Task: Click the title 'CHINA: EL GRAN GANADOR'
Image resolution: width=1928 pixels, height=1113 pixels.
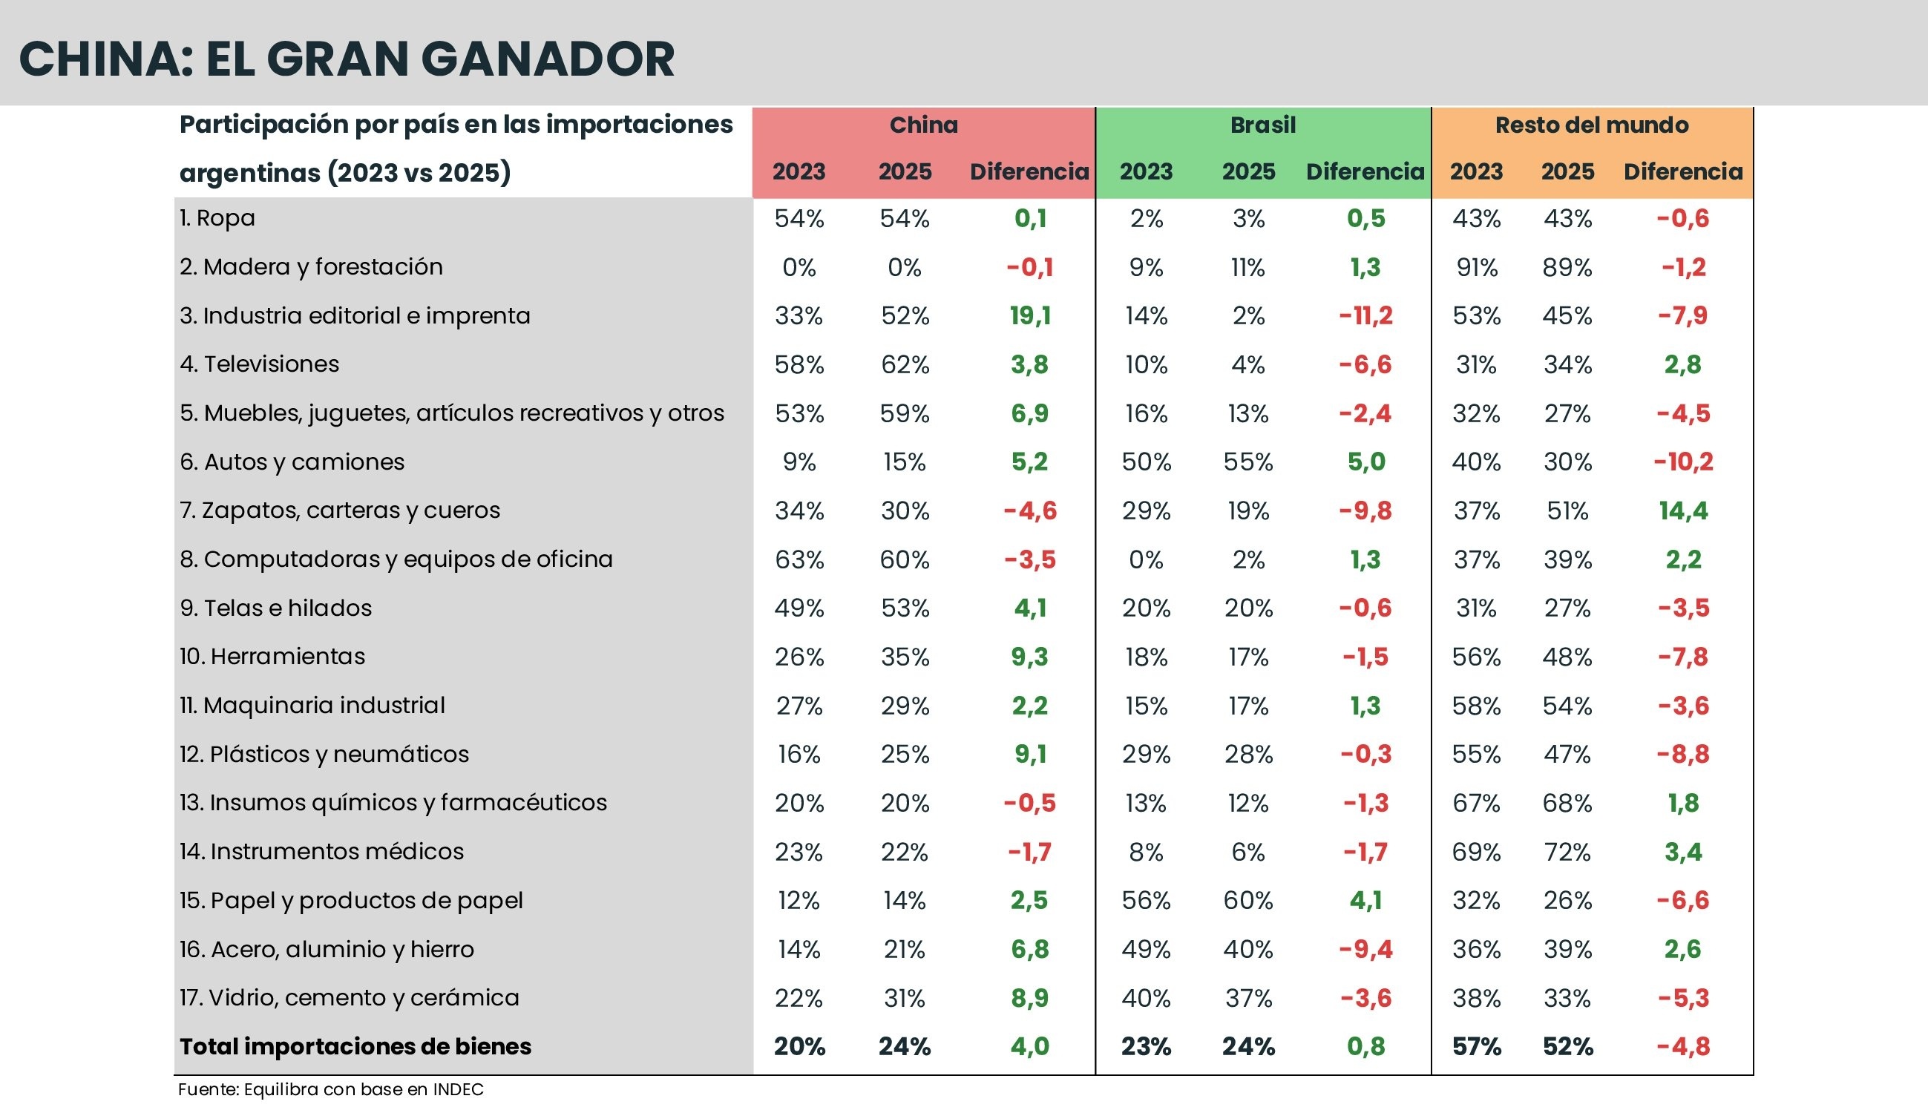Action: point(347,59)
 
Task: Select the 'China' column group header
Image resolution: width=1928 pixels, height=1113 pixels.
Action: point(923,125)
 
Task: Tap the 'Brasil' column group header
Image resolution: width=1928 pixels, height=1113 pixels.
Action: point(1263,125)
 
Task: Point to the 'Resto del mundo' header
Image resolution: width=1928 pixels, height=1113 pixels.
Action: point(1592,125)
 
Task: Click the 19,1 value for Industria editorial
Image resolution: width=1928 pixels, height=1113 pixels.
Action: point(1030,315)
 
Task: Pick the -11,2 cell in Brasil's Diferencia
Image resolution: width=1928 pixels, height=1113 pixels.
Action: point(1365,315)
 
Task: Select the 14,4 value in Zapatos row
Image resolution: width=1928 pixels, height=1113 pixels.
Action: point(1682,510)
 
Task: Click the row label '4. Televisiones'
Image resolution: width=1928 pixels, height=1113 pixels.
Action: point(259,364)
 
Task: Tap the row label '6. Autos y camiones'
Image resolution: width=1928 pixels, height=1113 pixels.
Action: point(292,462)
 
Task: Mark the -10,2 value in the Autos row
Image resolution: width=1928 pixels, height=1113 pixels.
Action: point(1682,462)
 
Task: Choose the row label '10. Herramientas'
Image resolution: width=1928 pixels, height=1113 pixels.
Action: point(272,657)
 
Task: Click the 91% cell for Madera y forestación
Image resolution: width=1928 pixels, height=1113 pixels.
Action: point(1476,268)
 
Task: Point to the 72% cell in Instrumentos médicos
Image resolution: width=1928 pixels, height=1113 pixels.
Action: point(1567,852)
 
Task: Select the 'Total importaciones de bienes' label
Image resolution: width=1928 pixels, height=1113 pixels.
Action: point(355,1046)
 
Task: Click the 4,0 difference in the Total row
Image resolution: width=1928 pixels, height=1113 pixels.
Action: point(1030,1046)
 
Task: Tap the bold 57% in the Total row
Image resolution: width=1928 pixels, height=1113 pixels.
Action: point(1476,1046)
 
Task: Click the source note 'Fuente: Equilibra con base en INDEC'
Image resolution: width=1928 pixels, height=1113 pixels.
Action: point(330,1089)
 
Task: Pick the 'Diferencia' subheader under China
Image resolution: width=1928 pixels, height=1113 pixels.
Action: point(1029,172)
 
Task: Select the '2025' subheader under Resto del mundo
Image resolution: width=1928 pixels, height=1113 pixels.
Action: point(1567,172)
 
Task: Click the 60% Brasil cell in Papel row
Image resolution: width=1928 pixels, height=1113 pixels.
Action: point(1247,901)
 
